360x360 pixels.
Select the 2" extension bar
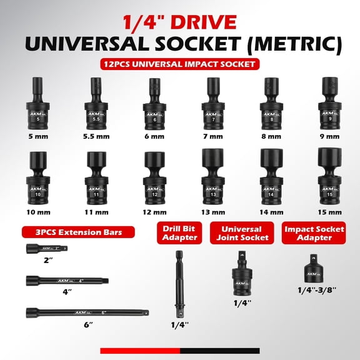tap(46, 249)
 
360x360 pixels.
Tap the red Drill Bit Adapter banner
tap(179, 233)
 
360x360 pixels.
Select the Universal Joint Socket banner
tap(242, 233)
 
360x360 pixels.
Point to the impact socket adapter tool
tap(314, 270)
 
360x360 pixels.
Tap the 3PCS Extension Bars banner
tap(79, 233)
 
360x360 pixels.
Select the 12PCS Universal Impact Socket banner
tap(179, 64)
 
